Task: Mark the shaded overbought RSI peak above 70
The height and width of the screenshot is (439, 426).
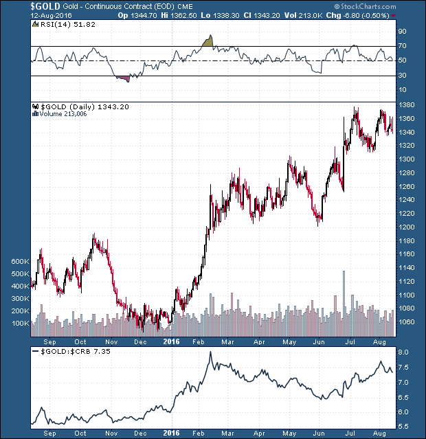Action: [x=209, y=41]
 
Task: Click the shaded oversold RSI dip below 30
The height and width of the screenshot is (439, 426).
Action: [x=123, y=78]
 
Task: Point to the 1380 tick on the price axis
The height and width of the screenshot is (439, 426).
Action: [x=407, y=105]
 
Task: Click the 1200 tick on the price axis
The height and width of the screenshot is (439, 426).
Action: [x=407, y=227]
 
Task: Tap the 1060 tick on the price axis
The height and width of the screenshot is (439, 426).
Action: [x=407, y=322]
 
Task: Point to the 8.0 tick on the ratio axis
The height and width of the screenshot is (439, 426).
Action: [x=404, y=352]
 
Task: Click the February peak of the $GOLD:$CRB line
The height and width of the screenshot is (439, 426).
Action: [x=210, y=353]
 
